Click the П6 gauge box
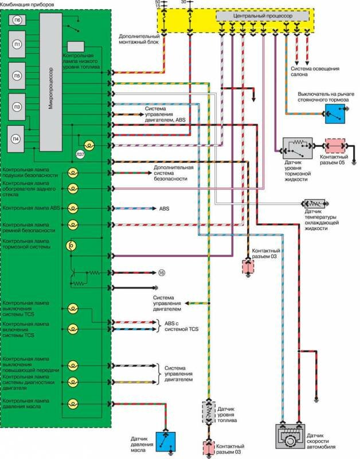pyautogui.click(x=18, y=20)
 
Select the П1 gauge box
pyautogui.click(x=18, y=44)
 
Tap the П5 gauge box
pyautogui.click(x=18, y=75)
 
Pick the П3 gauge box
pyautogui.click(x=18, y=106)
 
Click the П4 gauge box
pyautogui.click(x=17, y=138)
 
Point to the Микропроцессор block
pyautogui.click(x=50, y=81)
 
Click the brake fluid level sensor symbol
pyautogui.click(x=297, y=148)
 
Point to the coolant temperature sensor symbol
pyautogui.click(x=315, y=204)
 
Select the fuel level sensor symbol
pyautogui.click(x=208, y=414)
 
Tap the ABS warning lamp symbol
pyautogui.click(x=73, y=208)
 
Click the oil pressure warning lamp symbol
pyautogui.click(x=73, y=403)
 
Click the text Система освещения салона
pyautogui.click(x=315, y=71)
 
